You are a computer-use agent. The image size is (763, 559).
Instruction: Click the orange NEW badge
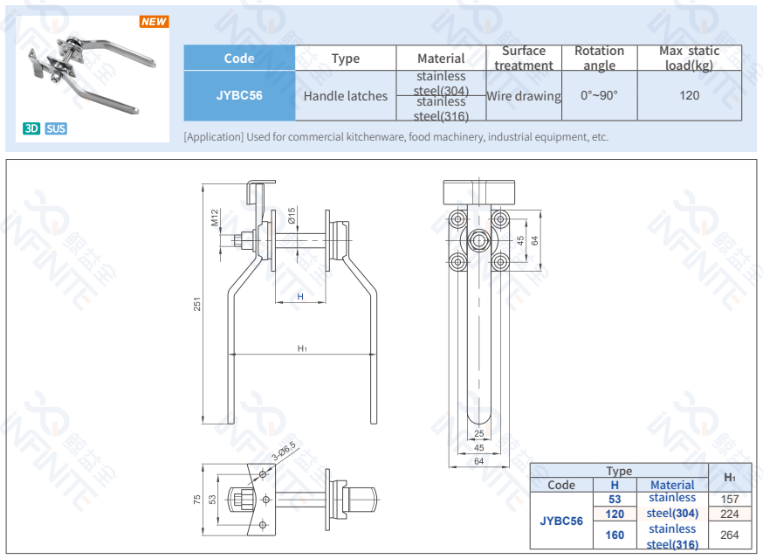coord(155,22)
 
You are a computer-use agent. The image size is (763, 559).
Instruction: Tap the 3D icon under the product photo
coord(31,128)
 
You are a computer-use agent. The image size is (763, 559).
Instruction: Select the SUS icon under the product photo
coord(56,128)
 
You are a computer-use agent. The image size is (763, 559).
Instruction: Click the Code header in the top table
coord(239,59)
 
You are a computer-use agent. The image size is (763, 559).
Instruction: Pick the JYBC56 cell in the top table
coord(239,95)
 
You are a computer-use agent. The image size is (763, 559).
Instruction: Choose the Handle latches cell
coord(346,96)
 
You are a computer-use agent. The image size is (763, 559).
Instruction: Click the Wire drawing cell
coord(524,96)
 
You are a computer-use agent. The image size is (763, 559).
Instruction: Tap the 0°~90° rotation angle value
coord(599,95)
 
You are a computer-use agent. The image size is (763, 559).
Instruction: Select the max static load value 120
coord(690,95)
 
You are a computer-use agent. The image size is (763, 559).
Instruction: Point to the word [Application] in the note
coord(213,137)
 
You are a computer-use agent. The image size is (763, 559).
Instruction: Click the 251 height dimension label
coord(198,304)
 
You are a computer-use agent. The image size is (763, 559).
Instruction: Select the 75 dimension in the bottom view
coord(198,499)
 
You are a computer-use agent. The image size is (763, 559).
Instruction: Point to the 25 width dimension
coord(478,434)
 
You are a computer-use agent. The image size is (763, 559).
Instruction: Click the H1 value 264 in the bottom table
coord(730,535)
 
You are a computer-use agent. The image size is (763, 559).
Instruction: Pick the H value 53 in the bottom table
coord(615,500)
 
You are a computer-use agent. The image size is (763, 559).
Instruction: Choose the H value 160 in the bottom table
coord(615,535)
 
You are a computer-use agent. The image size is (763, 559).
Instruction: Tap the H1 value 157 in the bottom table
coord(730,499)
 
